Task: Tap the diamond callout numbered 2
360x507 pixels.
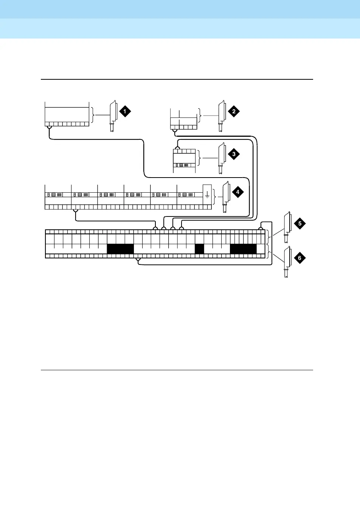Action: click(234, 111)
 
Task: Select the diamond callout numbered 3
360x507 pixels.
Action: click(234, 154)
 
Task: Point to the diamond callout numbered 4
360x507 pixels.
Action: click(237, 192)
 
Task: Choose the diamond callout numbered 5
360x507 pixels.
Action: click(299, 223)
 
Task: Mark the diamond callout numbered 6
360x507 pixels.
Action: click(299, 258)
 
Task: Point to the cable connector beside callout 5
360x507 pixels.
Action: click(287, 227)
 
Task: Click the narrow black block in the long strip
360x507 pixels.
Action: click(199, 249)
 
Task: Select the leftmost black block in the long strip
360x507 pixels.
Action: click(120, 249)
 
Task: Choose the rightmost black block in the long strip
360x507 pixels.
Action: click(243, 249)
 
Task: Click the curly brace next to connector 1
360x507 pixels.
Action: click(93, 115)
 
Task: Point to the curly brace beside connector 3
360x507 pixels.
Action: click(200, 158)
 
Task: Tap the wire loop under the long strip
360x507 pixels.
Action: click(138, 260)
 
